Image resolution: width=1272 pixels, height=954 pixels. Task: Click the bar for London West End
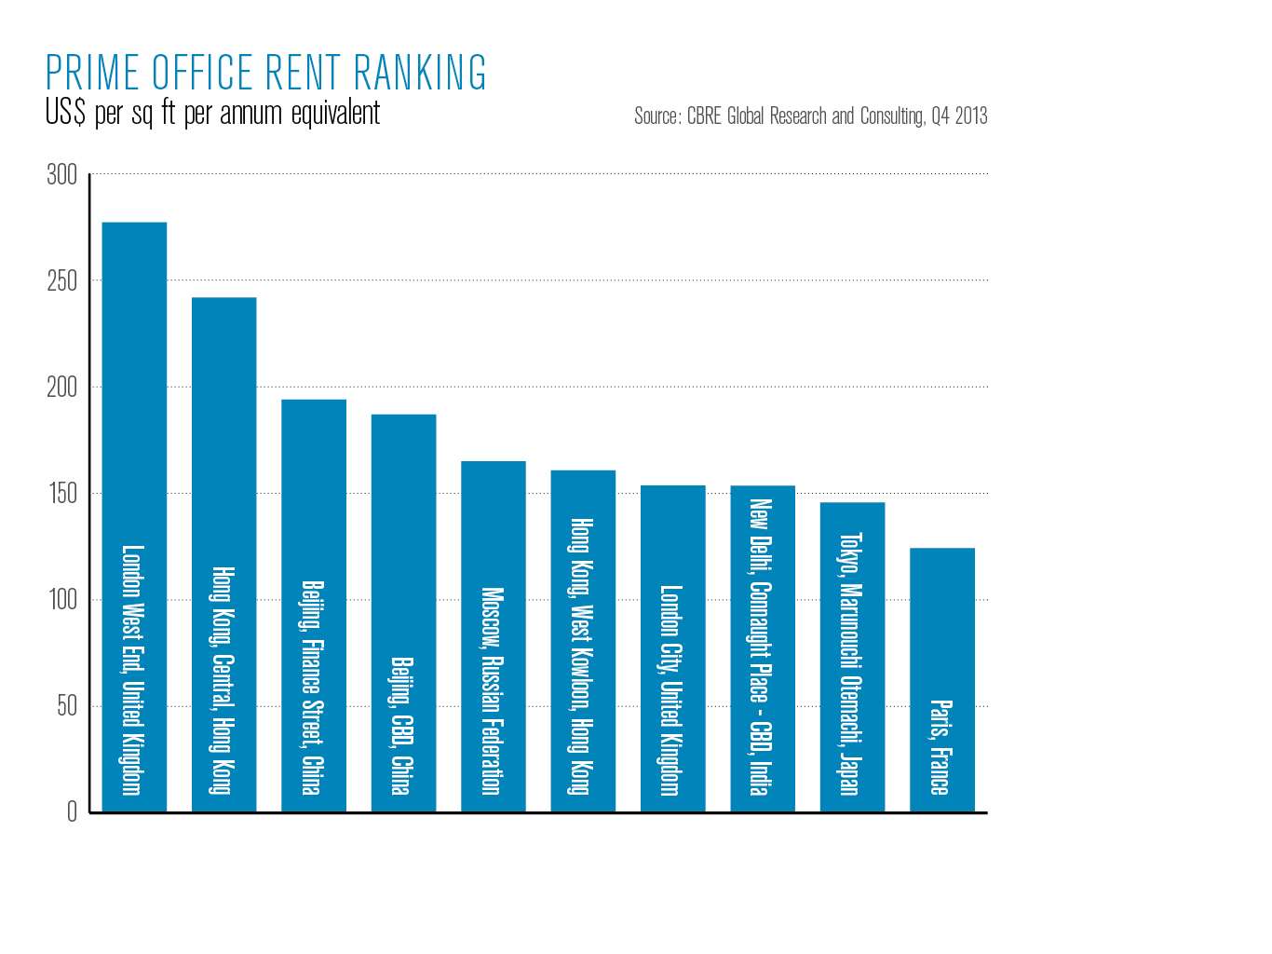134,517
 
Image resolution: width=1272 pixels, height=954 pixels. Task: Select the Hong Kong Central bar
223,554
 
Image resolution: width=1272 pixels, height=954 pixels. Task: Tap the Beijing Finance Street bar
314,606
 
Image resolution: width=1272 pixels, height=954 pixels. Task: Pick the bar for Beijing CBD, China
403,613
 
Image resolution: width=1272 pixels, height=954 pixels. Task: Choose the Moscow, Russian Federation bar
494,636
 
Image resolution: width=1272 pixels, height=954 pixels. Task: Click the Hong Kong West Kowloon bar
583,641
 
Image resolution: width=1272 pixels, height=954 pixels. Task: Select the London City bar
672,648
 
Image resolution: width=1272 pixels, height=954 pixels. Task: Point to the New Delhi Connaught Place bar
763,648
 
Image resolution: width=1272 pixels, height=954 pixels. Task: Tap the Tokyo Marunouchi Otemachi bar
852,657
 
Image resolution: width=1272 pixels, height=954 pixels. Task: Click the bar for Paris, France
942,680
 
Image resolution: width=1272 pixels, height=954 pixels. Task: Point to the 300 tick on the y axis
62,175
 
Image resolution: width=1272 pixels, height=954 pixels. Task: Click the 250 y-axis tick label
62,281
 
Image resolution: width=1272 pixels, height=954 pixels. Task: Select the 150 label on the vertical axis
62,494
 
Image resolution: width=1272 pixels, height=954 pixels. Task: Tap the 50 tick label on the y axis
67,706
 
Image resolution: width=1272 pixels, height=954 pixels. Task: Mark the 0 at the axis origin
73,812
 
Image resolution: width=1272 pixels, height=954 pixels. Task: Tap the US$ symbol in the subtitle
65,114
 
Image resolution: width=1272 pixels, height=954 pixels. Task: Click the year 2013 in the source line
971,116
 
